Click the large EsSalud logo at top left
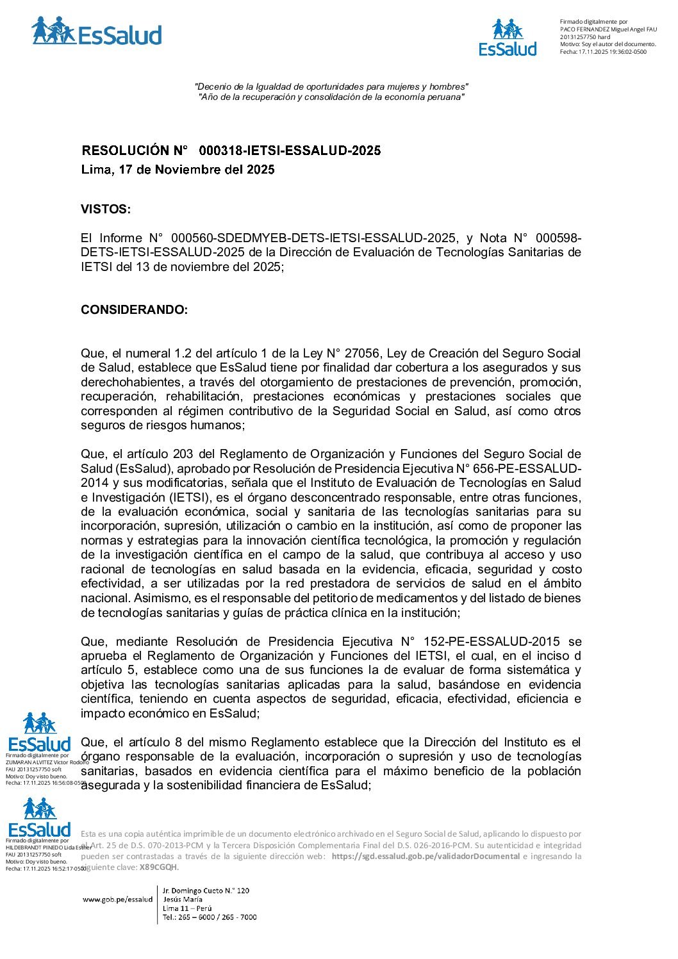coord(97,32)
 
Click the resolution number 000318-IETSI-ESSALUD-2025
coord(290,151)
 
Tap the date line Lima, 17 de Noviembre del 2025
coord(178,170)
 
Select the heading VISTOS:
coord(106,209)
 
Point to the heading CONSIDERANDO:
coord(134,310)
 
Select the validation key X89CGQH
coord(158,867)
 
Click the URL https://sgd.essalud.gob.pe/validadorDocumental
coord(426,857)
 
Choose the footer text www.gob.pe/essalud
coord(117,899)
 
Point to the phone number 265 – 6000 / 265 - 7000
coord(210,917)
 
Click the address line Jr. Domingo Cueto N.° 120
coord(206,890)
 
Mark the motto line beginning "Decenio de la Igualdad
coord(331,86)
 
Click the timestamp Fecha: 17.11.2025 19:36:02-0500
coord(603,52)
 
